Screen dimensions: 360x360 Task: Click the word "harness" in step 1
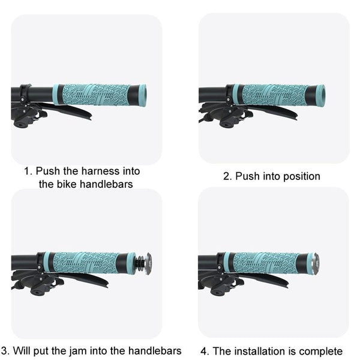tap(101, 171)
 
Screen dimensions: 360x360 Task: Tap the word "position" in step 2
tap(302, 176)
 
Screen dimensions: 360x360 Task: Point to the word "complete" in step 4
tap(321, 351)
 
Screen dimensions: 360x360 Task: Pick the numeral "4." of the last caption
tap(205, 351)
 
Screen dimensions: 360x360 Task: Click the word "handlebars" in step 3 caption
tap(155, 350)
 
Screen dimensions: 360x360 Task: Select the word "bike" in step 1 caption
tap(65, 184)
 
